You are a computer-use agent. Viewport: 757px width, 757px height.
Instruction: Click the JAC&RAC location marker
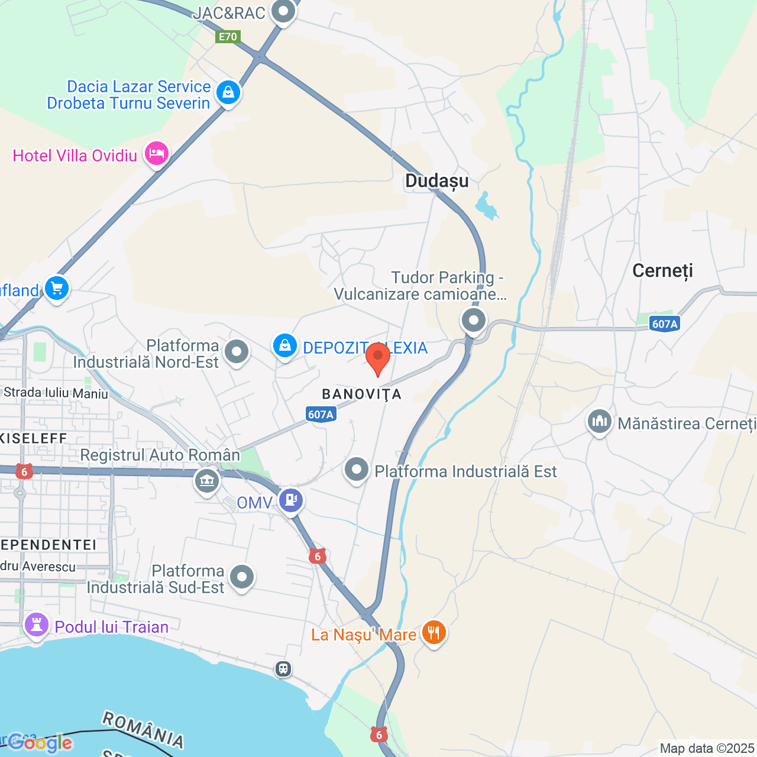pos(283,11)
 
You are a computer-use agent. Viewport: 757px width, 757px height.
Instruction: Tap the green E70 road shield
pos(228,37)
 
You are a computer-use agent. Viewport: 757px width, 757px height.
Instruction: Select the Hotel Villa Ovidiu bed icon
pos(156,153)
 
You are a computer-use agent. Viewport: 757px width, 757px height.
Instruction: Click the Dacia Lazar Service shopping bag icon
pos(228,92)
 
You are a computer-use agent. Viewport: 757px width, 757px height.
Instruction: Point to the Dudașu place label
pos(436,181)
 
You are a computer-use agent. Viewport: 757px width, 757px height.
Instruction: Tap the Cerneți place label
pos(662,271)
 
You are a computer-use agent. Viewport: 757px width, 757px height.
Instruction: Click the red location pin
pos(377,357)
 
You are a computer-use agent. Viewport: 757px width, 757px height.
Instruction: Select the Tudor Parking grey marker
pos(473,321)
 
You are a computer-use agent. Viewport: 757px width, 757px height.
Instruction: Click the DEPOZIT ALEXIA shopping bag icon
pos(284,345)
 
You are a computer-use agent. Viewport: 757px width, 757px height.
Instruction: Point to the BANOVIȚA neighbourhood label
pos(361,394)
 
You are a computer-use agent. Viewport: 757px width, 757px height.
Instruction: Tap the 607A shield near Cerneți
pos(665,323)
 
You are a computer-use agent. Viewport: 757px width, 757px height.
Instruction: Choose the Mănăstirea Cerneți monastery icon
pos(599,422)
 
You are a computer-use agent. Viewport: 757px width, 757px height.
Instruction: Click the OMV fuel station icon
pos(290,500)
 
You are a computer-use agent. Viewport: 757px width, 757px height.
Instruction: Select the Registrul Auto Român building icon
pos(207,480)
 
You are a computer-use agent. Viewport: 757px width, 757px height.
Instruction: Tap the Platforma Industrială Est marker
pos(357,470)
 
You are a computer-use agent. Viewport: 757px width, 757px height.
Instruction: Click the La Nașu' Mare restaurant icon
pos(434,633)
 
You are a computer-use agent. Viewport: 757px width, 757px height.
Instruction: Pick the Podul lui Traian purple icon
pos(36,625)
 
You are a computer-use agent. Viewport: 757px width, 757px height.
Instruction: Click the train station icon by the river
pos(283,669)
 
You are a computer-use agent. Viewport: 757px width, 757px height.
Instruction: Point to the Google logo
pos(40,743)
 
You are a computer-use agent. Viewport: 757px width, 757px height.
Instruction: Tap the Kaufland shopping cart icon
pos(57,289)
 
